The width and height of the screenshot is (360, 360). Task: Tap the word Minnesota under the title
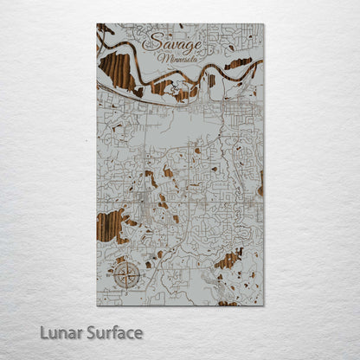point(177,59)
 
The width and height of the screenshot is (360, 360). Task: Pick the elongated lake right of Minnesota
point(238,64)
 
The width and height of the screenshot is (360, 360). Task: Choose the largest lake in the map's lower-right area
point(228,260)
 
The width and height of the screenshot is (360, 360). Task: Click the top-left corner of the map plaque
point(97,23)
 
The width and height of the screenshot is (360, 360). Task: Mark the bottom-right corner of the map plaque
point(264,305)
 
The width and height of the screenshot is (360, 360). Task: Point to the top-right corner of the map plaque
point(264,23)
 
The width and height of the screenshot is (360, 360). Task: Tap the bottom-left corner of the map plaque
point(97,305)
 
